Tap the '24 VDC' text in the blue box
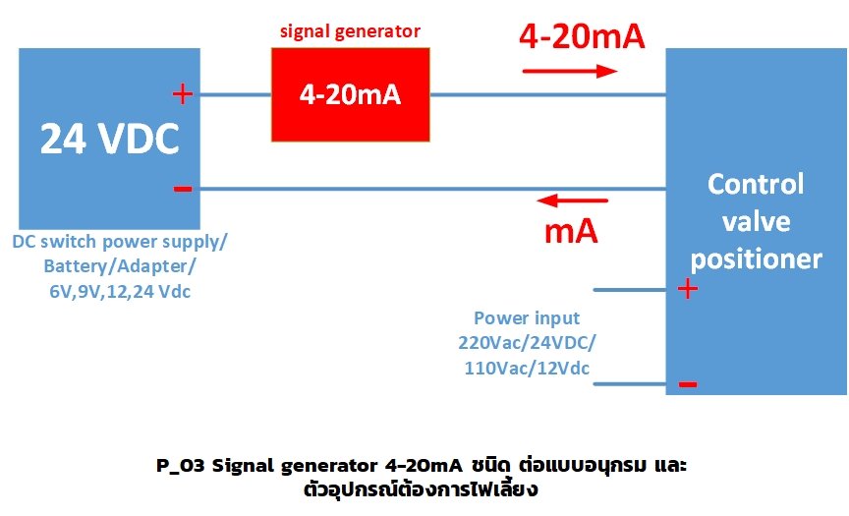[109, 141]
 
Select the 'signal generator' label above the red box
[350, 31]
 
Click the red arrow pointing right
[570, 71]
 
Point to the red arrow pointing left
[573, 201]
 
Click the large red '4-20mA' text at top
[582, 36]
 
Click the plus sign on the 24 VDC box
[182, 94]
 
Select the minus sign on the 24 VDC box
[182, 188]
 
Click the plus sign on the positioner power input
[688, 289]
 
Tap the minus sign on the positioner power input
[688, 383]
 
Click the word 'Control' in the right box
[756, 184]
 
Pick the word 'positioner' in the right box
[756, 258]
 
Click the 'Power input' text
[527, 318]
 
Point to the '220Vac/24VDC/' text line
[527, 343]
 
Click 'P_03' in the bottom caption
[180, 464]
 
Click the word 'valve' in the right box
[756, 221]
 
